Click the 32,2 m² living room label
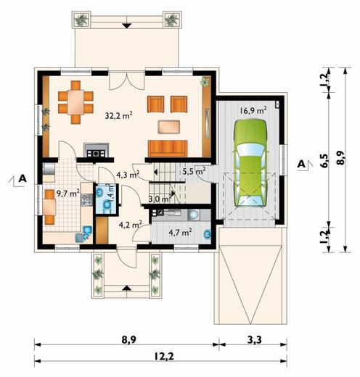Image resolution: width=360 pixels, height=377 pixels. tap(119, 115)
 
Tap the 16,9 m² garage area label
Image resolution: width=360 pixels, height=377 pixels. tap(253, 110)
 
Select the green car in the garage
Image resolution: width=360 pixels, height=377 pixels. tap(250, 163)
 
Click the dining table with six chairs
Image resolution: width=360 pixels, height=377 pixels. tap(75, 102)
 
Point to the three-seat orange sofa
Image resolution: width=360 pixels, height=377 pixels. tap(168, 148)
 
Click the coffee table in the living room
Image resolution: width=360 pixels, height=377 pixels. tap(169, 127)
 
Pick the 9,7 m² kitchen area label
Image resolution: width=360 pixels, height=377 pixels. tap(68, 193)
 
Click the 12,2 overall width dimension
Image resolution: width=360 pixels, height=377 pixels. tap(164, 356)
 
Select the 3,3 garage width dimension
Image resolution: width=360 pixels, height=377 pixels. tap(254, 340)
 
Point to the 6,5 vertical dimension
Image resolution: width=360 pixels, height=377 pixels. tap(325, 160)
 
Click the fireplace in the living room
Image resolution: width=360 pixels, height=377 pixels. tap(96, 150)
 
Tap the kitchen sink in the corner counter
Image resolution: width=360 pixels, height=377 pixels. tap(86, 230)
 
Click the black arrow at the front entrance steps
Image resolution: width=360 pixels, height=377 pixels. tap(126, 288)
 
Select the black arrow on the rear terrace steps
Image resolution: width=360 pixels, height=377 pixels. tap(126, 25)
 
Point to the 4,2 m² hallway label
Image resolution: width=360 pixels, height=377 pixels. tap(130, 225)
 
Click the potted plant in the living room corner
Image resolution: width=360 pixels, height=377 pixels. tap(205, 82)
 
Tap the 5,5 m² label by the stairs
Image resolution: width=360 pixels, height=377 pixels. tap(194, 172)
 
